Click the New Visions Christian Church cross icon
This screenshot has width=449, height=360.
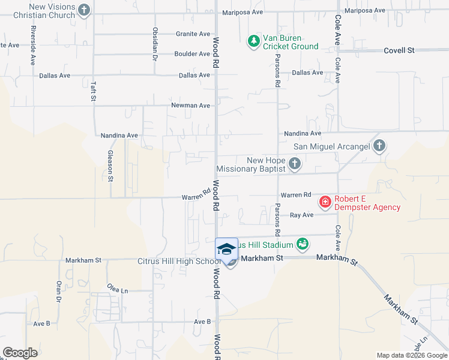point(84,10)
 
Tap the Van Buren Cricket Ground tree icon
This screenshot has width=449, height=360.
point(253,41)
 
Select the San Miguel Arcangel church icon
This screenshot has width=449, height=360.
point(379,146)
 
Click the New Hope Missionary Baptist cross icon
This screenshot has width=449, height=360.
point(294,164)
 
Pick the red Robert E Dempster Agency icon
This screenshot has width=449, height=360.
point(325,202)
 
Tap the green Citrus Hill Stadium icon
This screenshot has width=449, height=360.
point(303,244)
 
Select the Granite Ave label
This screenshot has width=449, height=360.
point(193,34)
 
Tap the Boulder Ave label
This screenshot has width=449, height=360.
point(192,54)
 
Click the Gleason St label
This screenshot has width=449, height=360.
point(110,165)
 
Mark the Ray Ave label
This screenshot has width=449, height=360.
point(301,215)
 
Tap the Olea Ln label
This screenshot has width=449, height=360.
point(118,290)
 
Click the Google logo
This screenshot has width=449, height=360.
point(20,352)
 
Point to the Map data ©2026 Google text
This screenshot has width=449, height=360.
point(411,355)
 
